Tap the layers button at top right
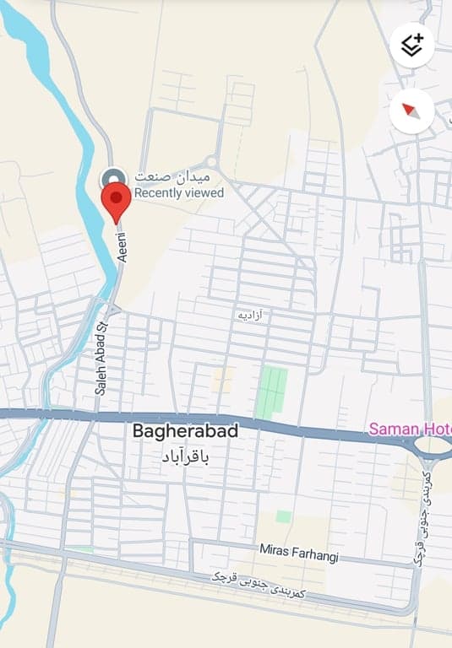click(x=412, y=45)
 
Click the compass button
click(x=412, y=111)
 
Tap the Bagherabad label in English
click(x=185, y=430)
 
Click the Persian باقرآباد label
click(x=184, y=456)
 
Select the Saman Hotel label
click(x=409, y=429)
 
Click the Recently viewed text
click(x=179, y=193)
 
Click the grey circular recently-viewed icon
click(x=113, y=178)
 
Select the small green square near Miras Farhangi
click(x=284, y=516)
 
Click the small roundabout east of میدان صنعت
click(x=211, y=163)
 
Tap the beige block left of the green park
click(x=223, y=379)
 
